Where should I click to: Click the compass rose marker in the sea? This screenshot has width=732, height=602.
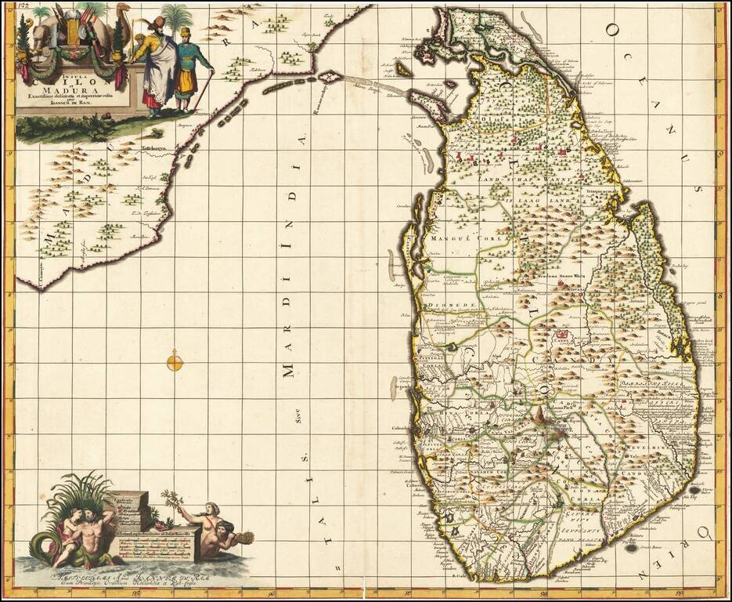click(175, 361)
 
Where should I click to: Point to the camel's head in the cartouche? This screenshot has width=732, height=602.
click(123, 11)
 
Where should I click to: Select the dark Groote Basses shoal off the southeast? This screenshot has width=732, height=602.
click(633, 551)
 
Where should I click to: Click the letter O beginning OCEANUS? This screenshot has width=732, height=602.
click(611, 29)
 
